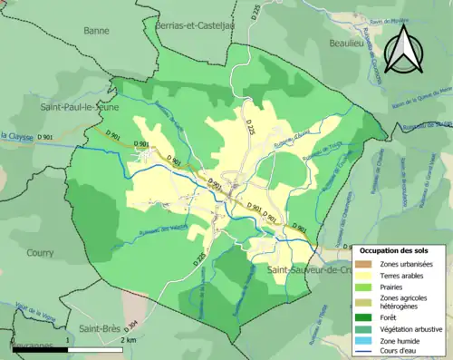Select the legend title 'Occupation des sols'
pyautogui.click(x=400, y=249)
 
